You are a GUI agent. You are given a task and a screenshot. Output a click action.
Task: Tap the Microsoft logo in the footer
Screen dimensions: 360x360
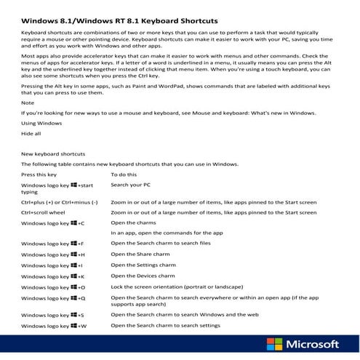tap(304, 345)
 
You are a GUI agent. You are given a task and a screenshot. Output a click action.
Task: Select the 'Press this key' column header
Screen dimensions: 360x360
tap(44, 175)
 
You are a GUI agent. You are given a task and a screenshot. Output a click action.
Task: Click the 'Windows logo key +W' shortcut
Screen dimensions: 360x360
tap(54, 326)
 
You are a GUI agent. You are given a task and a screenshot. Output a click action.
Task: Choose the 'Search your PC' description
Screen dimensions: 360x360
tap(134, 185)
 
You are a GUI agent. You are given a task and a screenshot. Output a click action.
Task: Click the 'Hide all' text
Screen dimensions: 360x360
tap(31, 135)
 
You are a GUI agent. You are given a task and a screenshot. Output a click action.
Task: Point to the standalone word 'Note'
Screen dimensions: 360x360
tap(28, 103)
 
